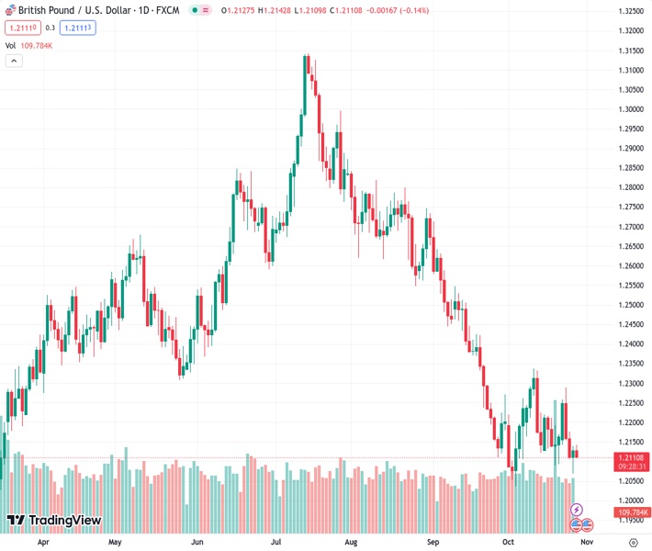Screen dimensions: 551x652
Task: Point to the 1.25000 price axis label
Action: tap(630, 305)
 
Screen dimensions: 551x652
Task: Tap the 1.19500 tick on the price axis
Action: tap(630, 520)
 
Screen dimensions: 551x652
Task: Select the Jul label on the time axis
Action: tap(276, 542)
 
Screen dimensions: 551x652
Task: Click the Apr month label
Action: tap(42, 542)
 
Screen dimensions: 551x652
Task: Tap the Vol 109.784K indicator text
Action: tap(29, 44)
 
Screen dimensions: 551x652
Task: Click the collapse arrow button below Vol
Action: tap(14, 61)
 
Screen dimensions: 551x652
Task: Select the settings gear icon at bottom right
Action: tap(634, 542)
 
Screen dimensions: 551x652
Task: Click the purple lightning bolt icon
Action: tap(577, 509)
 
